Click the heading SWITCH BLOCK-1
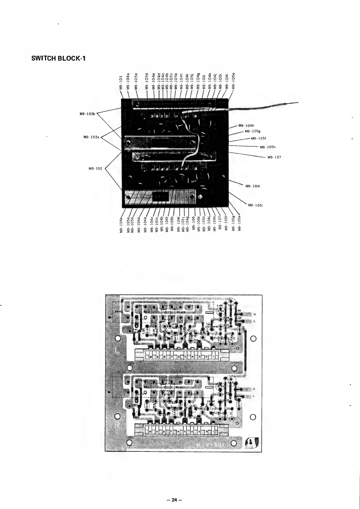[58, 58]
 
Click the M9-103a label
[91, 137]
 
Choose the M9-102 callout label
[95, 168]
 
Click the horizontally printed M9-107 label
[274, 157]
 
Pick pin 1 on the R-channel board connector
[214, 431]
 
